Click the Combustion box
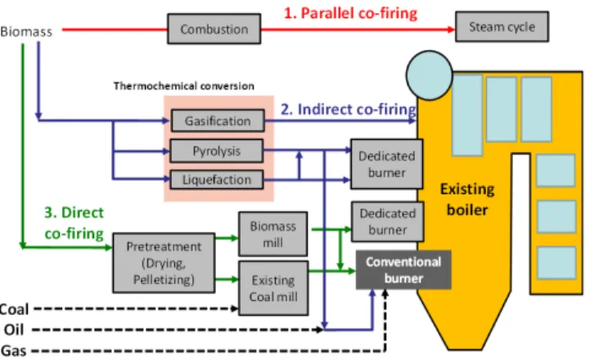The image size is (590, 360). [214, 29]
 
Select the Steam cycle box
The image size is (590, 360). [502, 27]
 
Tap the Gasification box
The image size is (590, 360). [218, 121]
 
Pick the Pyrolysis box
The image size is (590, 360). [216, 151]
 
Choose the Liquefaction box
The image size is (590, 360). [216, 180]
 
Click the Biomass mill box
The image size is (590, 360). [272, 234]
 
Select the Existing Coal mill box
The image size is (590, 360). [273, 288]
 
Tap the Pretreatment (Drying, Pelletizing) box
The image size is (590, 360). [164, 263]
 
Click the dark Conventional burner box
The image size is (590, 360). [403, 270]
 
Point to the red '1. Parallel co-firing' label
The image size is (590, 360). [351, 13]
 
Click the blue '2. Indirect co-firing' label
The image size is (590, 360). [349, 109]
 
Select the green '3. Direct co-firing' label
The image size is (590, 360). [74, 223]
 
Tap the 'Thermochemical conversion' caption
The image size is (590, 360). [184, 86]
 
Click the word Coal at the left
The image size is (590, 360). [14, 309]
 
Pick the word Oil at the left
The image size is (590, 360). [14, 330]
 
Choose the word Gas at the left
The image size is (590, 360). [14, 351]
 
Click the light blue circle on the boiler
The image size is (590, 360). [430, 75]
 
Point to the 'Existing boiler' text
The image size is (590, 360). [467, 200]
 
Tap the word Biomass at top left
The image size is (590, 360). [26, 32]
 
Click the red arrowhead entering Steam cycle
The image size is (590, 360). [451, 29]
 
